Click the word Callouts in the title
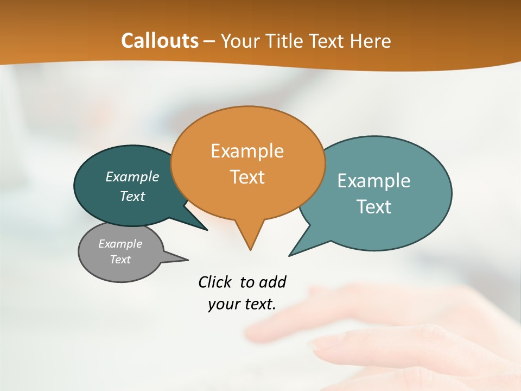click(160, 41)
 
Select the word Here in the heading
click(371, 41)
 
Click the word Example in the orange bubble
click(247, 151)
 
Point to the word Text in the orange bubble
click(247, 177)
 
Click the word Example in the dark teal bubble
click(132, 177)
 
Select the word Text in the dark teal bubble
click(132, 196)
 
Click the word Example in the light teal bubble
click(374, 181)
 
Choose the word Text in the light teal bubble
click(374, 207)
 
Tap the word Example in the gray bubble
click(120, 244)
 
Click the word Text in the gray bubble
click(120, 260)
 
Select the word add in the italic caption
click(272, 282)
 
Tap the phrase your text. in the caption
click(242, 304)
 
